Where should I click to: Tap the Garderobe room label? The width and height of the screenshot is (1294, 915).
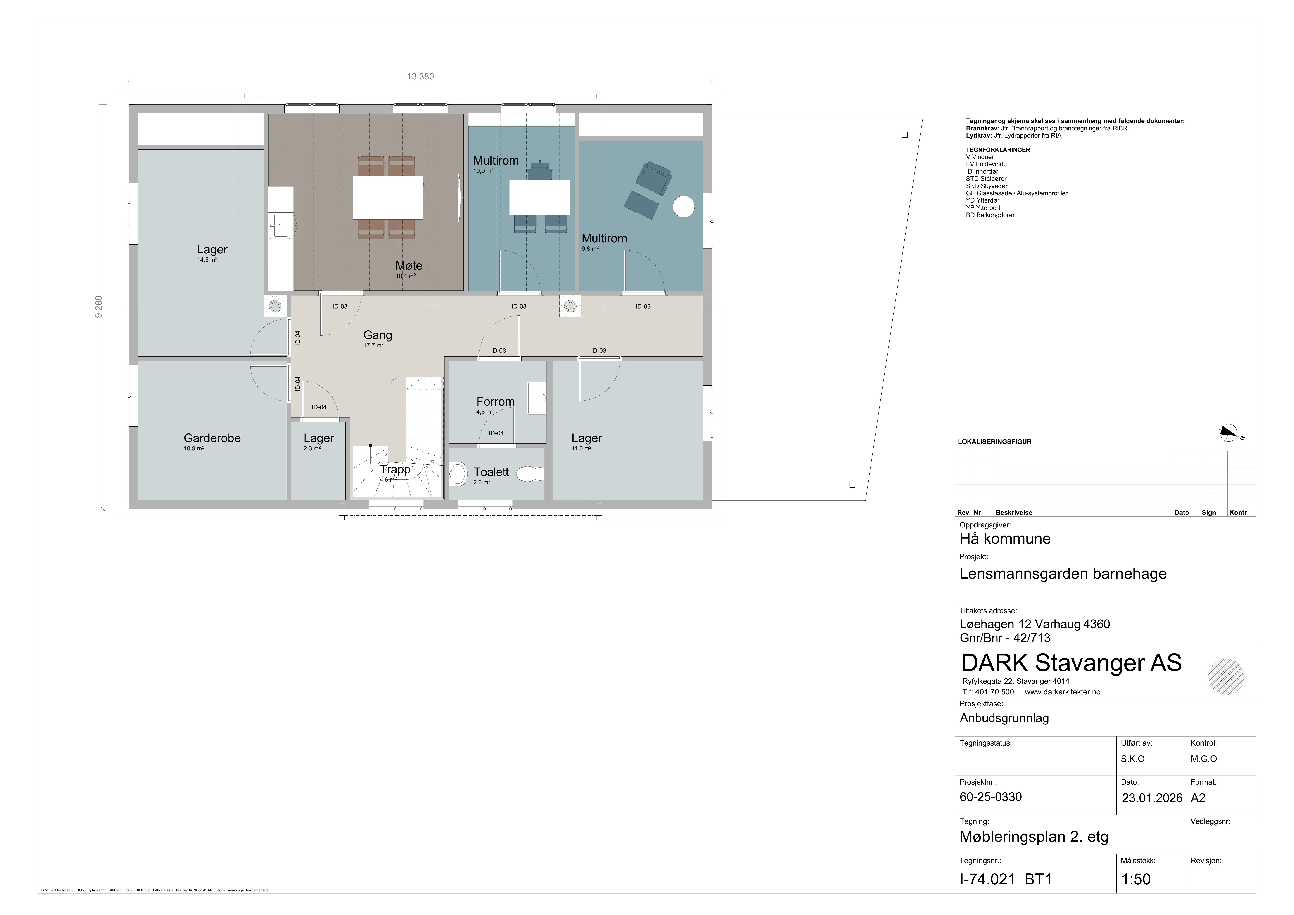coord(212,438)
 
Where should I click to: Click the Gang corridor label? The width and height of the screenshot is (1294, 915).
coord(378,335)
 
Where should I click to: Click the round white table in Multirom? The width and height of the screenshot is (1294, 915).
coord(684,206)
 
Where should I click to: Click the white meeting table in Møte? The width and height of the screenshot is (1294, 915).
coord(388,197)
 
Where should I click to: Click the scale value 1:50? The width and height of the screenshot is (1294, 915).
coord(1136,879)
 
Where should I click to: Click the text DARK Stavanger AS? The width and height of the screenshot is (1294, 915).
coord(1071,663)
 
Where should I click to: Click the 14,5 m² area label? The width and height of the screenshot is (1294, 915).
coord(207,260)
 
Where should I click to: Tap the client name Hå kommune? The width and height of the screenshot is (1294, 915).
coord(1005,538)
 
